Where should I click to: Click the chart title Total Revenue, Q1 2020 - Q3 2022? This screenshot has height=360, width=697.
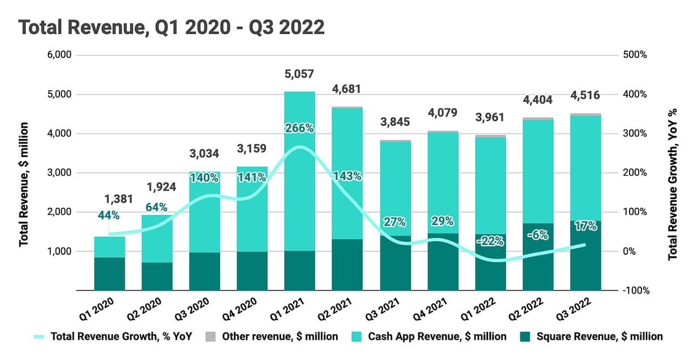pyautogui.click(x=172, y=26)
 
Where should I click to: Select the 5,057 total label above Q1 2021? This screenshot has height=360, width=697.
pyautogui.click(x=299, y=74)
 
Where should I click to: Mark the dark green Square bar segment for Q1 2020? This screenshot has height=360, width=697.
pyautogui.click(x=110, y=274)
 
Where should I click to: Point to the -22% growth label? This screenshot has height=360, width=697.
pyautogui.click(x=490, y=241)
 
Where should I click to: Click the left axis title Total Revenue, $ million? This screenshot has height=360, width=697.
pyautogui.click(x=24, y=184)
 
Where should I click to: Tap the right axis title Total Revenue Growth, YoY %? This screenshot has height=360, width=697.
pyautogui.click(x=673, y=184)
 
